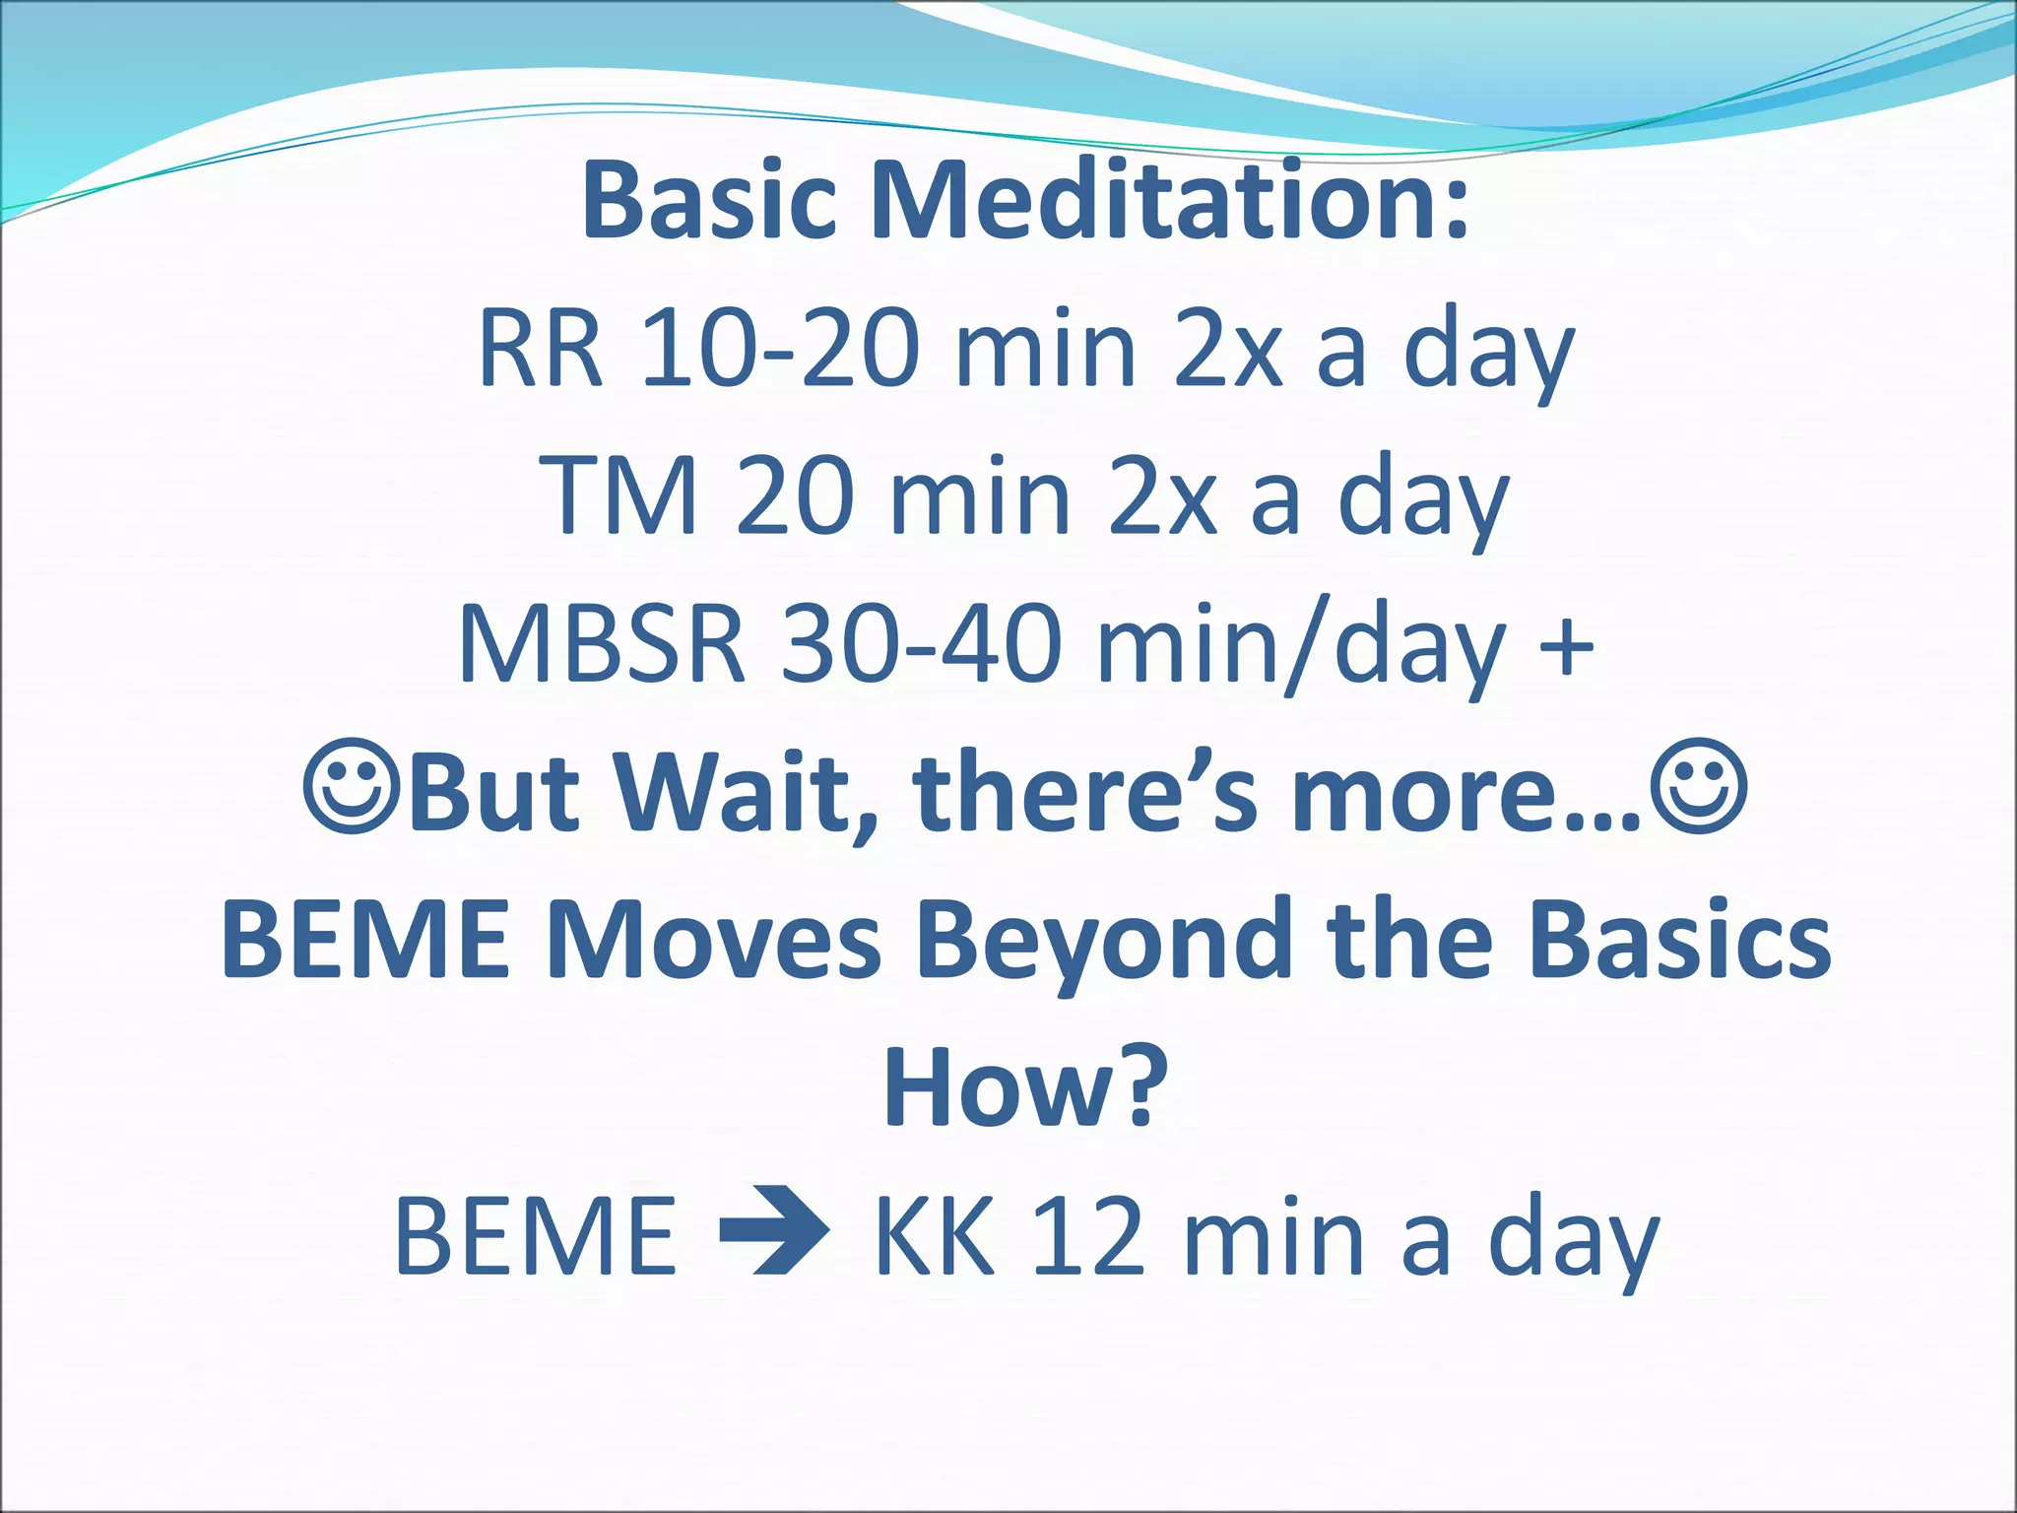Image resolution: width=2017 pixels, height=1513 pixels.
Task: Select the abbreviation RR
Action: pyautogui.click(x=540, y=350)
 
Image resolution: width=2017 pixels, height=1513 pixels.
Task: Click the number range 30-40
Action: pyautogui.click(x=921, y=645)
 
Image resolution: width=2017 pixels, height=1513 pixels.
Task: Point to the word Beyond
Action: pyautogui.click(x=1103, y=941)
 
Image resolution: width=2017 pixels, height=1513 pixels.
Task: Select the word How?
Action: pyautogui.click(x=1024, y=1088)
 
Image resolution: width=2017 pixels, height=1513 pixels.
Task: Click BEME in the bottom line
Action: pyautogui.click(x=537, y=1235)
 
